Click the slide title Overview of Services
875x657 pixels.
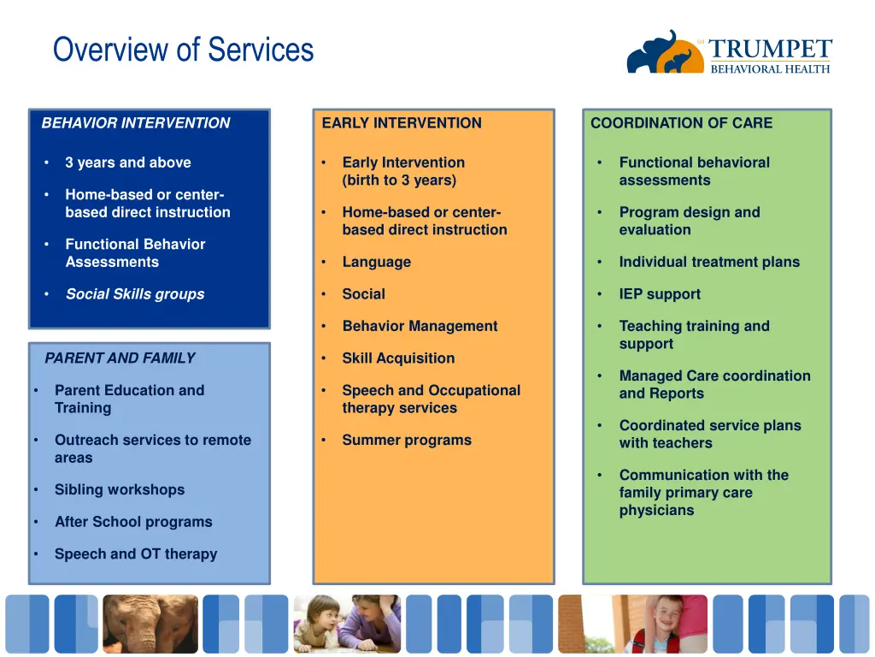click(183, 50)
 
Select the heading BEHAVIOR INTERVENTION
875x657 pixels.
click(136, 123)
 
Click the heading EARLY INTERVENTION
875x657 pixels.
click(402, 123)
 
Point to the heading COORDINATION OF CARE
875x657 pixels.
click(681, 123)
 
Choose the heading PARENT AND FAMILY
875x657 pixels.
click(120, 358)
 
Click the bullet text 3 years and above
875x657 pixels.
click(128, 163)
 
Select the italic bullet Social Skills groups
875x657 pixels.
click(135, 294)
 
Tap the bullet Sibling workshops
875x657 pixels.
click(120, 490)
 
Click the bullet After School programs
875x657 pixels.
click(133, 522)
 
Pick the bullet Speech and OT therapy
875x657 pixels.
click(136, 554)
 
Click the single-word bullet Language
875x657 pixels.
click(376, 263)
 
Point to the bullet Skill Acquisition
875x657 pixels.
click(398, 358)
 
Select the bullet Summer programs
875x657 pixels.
click(407, 441)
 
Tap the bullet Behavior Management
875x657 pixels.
click(420, 326)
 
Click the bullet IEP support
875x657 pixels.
click(660, 294)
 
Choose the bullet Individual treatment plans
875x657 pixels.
click(709, 263)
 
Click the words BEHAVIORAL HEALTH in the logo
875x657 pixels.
click(770, 69)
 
